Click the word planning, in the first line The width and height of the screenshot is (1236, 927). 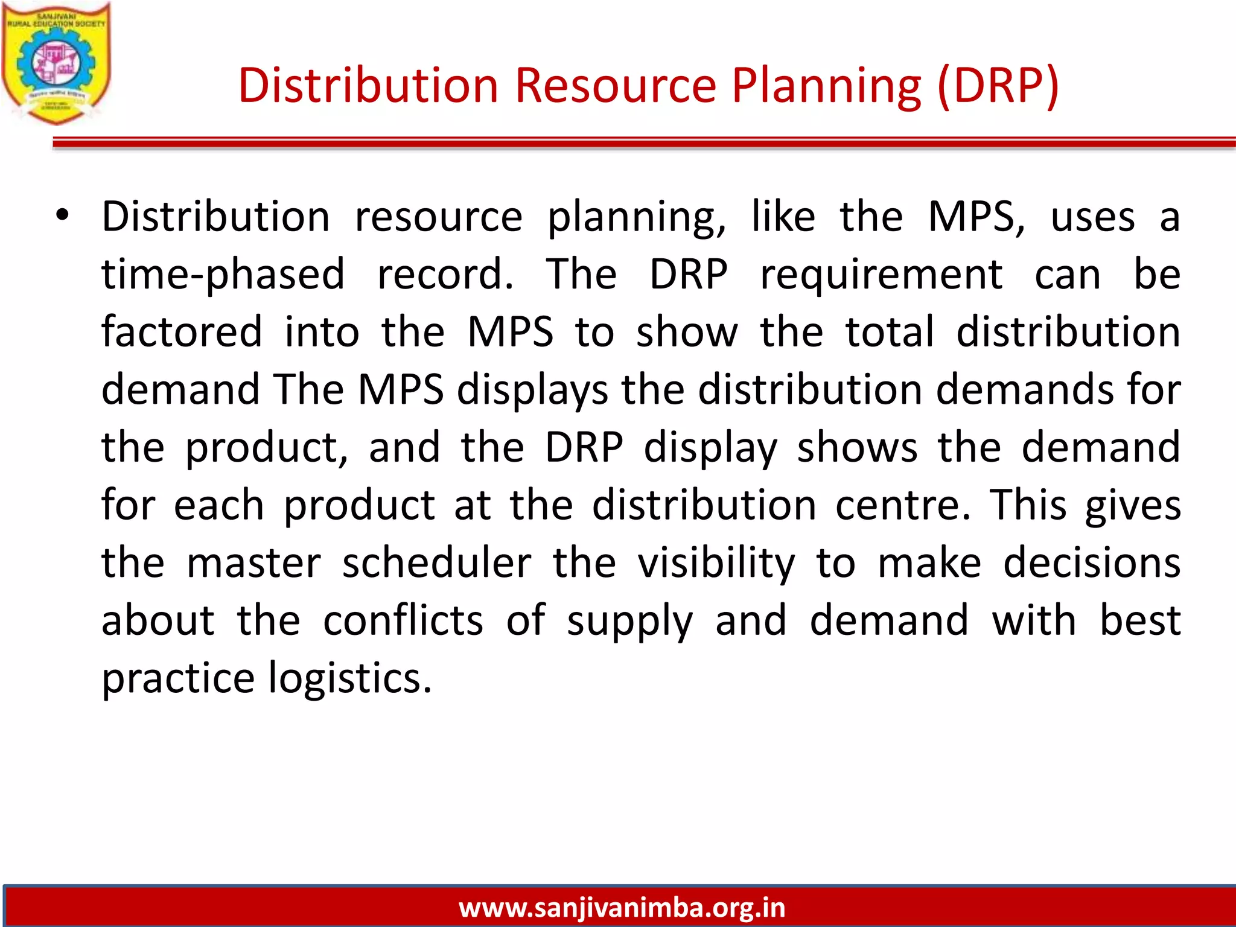(x=637, y=217)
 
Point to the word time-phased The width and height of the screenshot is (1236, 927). (x=223, y=275)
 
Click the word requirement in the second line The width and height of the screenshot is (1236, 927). (x=881, y=275)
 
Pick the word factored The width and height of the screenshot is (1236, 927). (x=182, y=331)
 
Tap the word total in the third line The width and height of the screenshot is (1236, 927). (x=890, y=331)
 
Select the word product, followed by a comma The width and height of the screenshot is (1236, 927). (x=266, y=448)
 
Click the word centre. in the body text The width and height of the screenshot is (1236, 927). (x=903, y=505)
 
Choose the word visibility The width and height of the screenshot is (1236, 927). (x=717, y=562)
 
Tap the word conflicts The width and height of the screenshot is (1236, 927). (x=403, y=620)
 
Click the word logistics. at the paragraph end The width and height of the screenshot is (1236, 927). (x=350, y=678)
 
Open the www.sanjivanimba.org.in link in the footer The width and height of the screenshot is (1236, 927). (x=622, y=908)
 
